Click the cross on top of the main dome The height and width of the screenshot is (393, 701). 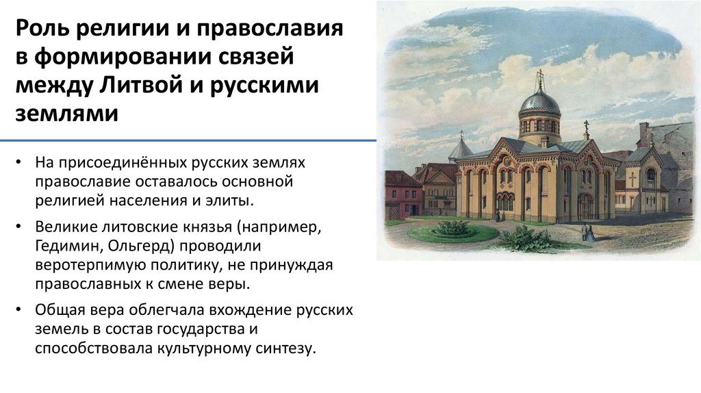click(539, 77)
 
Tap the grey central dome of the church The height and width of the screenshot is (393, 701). click(539, 103)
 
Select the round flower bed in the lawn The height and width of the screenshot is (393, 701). click(453, 229)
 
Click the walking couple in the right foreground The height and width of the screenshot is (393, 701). click(588, 233)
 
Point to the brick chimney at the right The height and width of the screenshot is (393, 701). click(644, 134)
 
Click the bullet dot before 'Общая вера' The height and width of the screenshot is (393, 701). click(21, 310)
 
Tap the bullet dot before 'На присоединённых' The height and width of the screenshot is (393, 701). click(21, 164)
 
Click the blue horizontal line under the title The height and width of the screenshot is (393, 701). click(188, 140)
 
